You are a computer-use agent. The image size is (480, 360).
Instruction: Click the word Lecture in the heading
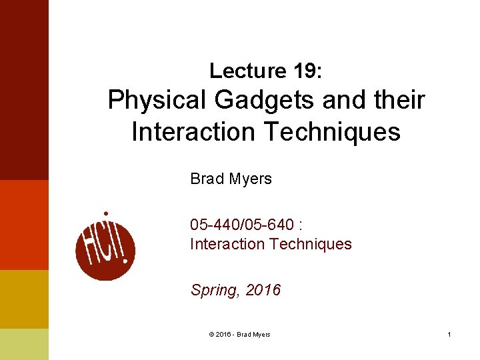(238, 70)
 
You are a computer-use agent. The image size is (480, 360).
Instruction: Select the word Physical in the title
(157, 101)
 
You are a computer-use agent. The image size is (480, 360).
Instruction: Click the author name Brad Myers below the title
(231, 179)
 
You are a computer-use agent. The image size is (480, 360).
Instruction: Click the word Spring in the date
(214, 291)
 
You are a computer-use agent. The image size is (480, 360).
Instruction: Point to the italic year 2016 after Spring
(263, 291)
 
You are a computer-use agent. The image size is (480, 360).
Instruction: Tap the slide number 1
(449, 334)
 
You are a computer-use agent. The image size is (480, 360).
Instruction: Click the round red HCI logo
(105, 245)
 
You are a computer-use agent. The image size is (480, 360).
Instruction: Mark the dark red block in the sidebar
(24, 90)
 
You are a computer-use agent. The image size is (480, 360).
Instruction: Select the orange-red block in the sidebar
(24, 225)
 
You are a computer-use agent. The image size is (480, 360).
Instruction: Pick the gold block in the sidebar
(24, 299)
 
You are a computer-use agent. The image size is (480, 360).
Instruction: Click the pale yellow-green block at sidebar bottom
(24, 344)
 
